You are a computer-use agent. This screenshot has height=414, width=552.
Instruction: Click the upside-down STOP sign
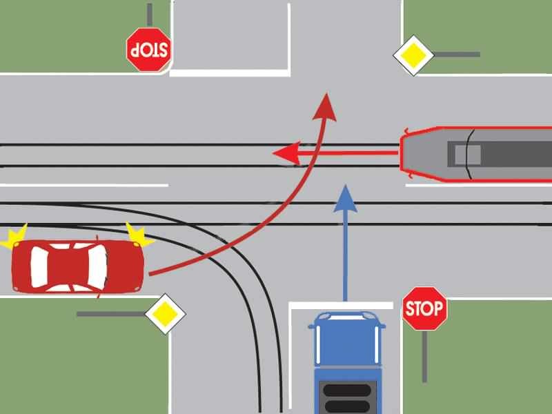click(149, 50)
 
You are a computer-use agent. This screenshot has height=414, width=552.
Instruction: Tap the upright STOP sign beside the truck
click(424, 308)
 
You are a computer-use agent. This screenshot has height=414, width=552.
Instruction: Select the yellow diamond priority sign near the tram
click(413, 55)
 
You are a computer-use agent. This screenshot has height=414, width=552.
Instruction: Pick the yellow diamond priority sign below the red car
click(165, 313)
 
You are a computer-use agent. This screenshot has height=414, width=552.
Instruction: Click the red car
click(78, 266)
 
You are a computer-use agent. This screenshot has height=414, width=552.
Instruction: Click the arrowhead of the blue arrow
click(346, 199)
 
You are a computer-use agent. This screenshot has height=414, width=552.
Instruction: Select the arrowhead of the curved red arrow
click(326, 107)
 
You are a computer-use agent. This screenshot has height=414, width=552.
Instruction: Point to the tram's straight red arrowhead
click(286, 153)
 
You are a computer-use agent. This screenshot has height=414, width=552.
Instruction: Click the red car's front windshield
click(97, 266)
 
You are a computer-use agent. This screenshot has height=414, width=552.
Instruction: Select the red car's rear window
click(39, 266)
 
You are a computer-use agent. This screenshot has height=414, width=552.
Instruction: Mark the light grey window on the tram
click(468, 155)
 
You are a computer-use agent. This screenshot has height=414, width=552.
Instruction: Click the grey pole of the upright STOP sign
click(425, 356)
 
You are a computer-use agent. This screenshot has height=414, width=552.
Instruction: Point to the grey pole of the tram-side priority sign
click(457, 55)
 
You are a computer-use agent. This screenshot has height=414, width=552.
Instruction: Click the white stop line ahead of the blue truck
click(341, 306)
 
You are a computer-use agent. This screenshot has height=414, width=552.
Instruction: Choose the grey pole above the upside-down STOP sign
click(150, 14)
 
